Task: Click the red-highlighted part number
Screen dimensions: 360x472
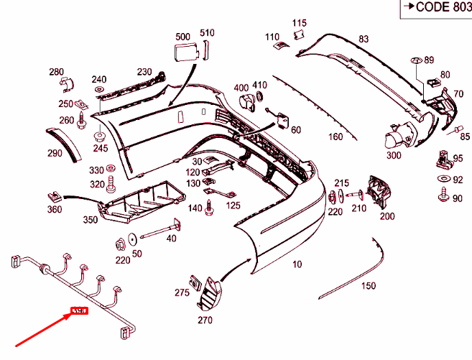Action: click(78, 311)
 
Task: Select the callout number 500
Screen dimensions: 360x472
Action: click(182, 35)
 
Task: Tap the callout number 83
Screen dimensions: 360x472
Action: click(363, 39)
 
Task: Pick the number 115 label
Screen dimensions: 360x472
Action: click(299, 24)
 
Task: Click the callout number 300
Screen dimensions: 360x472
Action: click(393, 155)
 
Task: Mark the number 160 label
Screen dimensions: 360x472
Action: click(336, 137)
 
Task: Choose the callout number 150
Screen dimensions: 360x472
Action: click(368, 286)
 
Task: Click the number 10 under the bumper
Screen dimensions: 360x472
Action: click(297, 264)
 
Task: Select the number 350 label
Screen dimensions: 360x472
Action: click(91, 219)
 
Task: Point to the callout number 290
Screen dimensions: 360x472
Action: click(55, 153)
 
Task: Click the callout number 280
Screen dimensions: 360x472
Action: click(56, 72)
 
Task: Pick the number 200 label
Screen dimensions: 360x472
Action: click(387, 216)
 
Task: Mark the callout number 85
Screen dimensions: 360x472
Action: click(465, 137)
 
